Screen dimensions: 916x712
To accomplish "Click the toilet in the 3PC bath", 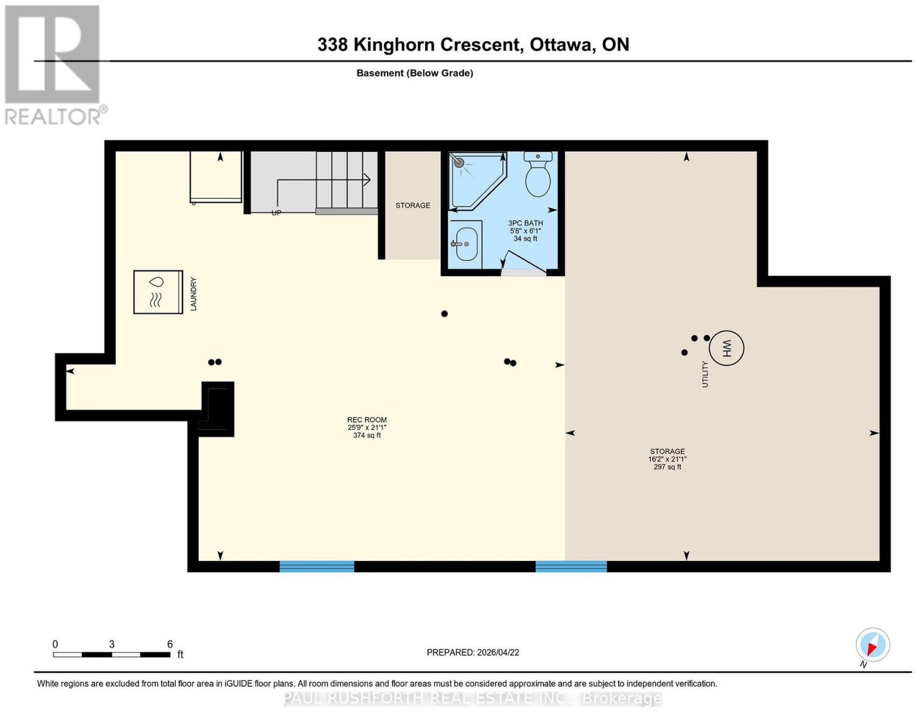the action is [x=538, y=174].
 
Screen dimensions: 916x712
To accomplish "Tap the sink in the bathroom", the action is [x=465, y=243].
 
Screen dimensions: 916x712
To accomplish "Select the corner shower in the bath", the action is [x=477, y=180].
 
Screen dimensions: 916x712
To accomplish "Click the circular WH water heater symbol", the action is [x=727, y=348].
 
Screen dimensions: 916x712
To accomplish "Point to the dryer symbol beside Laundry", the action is [x=158, y=292].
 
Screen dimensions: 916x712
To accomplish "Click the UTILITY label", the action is [x=705, y=374].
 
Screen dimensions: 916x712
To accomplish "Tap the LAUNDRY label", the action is [x=194, y=294].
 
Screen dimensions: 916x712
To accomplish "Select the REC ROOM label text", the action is [x=367, y=420].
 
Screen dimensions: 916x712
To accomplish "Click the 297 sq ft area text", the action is [x=668, y=467].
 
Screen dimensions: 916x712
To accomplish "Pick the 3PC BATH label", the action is [x=525, y=223].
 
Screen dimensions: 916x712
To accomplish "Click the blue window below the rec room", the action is [x=317, y=566].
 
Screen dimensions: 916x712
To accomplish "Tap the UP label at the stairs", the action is [x=276, y=213].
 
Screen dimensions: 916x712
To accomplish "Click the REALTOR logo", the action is [x=55, y=65].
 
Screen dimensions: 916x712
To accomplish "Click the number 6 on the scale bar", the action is [x=170, y=644].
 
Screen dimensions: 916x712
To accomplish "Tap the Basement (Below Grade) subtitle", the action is [x=415, y=73].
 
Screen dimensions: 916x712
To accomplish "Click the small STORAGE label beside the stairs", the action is [x=413, y=205].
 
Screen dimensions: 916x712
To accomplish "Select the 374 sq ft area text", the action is [x=367, y=435].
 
